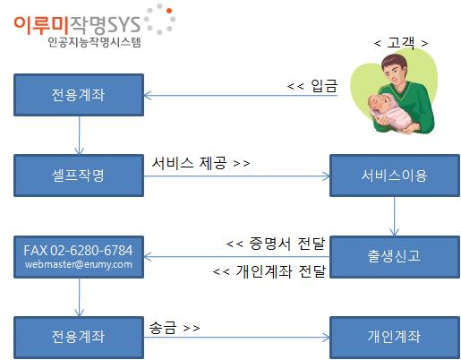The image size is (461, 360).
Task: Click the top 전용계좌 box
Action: click(79, 95)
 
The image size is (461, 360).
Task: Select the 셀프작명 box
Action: click(79, 176)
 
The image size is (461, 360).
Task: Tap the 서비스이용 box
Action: click(395, 176)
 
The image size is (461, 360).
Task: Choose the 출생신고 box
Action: click(395, 257)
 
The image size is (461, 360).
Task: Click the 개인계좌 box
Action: click(395, 338)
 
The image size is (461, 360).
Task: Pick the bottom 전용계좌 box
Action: click(79, 338)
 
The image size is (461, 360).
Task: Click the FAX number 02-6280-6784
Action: click(91, 251)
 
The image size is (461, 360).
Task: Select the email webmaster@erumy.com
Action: click(79, 264)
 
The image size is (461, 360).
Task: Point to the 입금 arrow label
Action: click(324, 86)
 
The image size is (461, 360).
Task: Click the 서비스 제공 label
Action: click(189, 163)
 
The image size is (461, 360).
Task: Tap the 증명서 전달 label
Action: click(286, 244)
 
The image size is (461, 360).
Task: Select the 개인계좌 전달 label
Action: click(281, 271)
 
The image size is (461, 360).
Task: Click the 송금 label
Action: click(162, 328)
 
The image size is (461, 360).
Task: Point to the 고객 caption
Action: click(401, 43)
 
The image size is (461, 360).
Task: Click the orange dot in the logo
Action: click(169, 11)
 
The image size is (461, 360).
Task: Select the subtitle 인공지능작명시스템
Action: click(94, 42)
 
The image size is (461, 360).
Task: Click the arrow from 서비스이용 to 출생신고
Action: click(395, 216)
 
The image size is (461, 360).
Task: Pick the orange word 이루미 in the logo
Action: click(41, 25)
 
